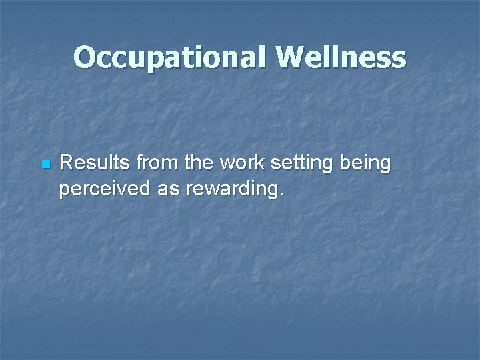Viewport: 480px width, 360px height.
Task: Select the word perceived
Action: click(105, 191)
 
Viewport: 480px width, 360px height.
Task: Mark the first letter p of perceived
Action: click(65, 192)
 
